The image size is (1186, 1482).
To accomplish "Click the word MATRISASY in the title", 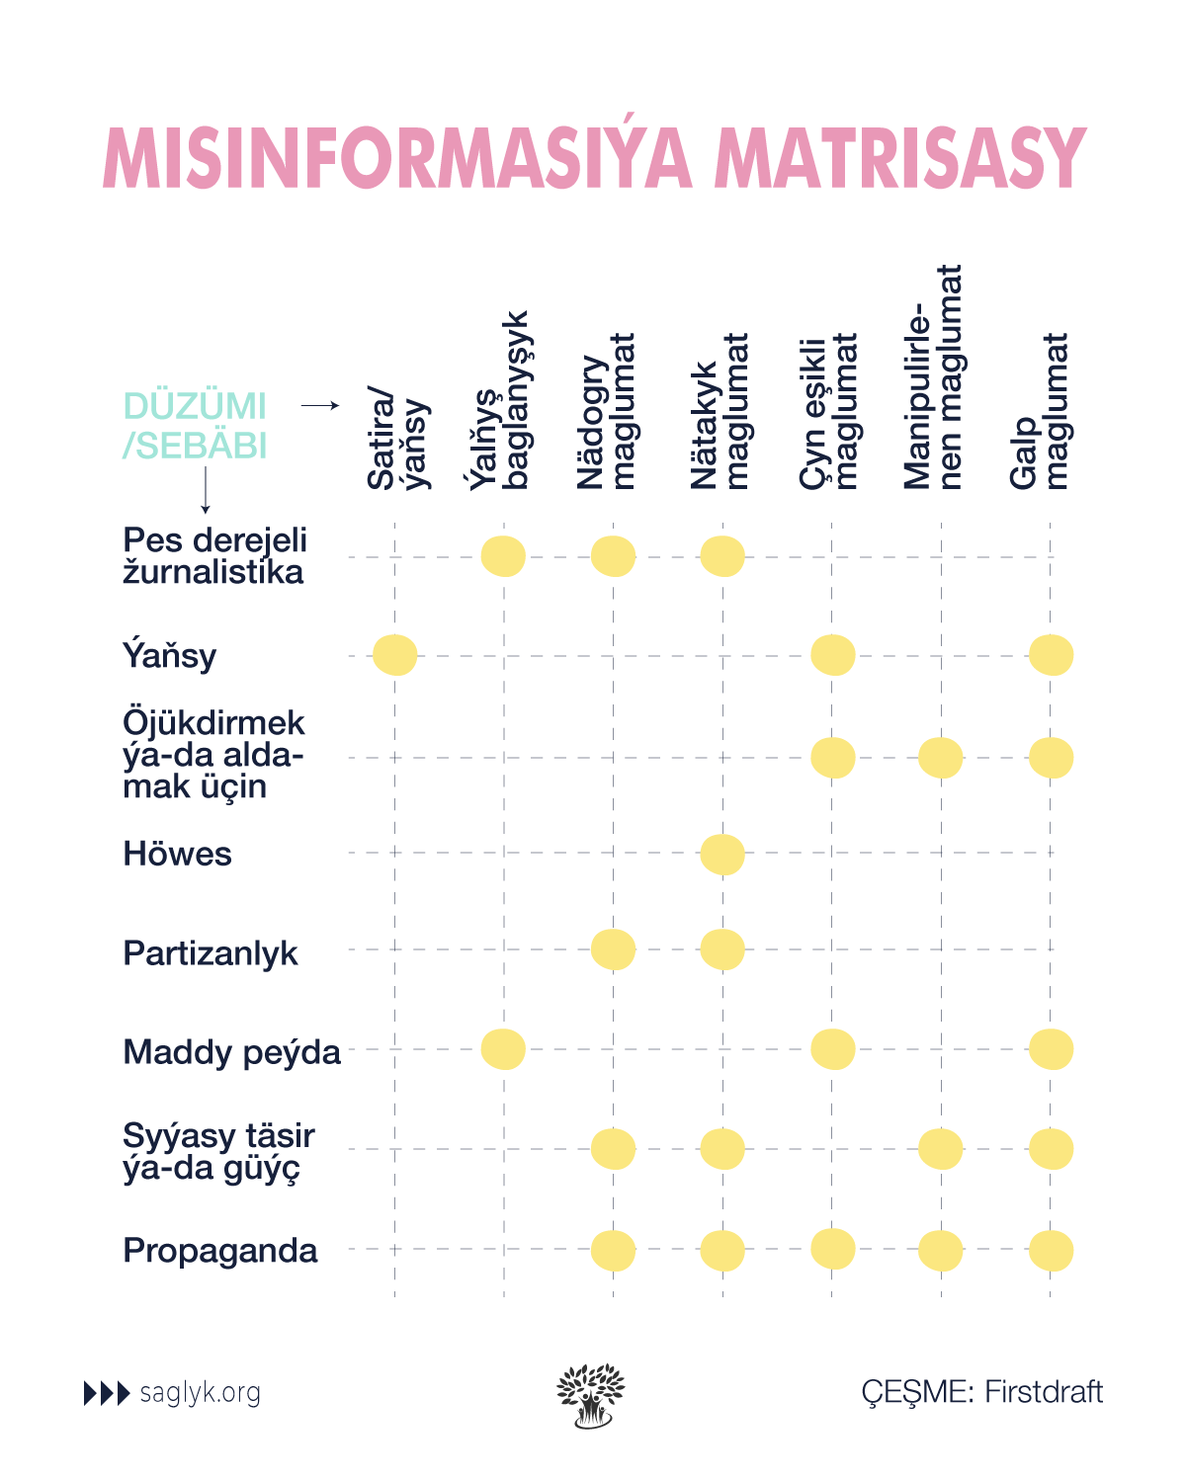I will (x=899, y=158).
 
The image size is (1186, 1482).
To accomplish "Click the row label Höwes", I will (x=177, y=854).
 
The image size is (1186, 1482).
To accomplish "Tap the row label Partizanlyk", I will (x=210, y=953).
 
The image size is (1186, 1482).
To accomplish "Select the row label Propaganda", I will (x=219, y=1251).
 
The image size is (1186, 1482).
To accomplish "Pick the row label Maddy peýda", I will (x=231, y=1052).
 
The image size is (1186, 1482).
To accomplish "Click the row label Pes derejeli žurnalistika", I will (x=214, y=556).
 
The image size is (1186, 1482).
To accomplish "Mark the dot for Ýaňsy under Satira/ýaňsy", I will (x=395, y=655).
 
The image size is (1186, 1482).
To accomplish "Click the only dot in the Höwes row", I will (x=722, y=855).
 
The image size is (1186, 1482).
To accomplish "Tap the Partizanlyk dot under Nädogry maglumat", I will (x=613, y=950).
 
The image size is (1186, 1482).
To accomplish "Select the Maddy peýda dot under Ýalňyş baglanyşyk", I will (x=503, y=1049).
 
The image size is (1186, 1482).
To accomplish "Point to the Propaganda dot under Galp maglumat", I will (x=1051, y=1251).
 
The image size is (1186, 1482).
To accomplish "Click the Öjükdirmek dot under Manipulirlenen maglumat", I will (x=940, y=758).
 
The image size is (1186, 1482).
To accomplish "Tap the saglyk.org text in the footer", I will (x=200, y=1393).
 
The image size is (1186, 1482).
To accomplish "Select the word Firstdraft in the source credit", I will (x=1044, y=1392).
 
